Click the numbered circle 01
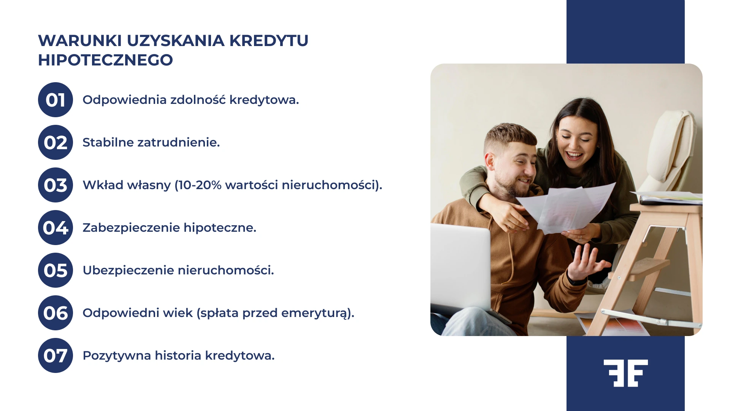coord(56,100)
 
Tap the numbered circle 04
coord(56,228)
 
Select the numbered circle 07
coord(56,355)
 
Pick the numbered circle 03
coord(56,185)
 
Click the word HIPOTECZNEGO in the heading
coord(105,60)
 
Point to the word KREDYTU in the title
coord(268,41)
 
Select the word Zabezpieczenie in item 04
coord(131,228)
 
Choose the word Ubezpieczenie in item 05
coord(128,270)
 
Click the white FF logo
coord(625,373)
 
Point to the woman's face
coord(574,145)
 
